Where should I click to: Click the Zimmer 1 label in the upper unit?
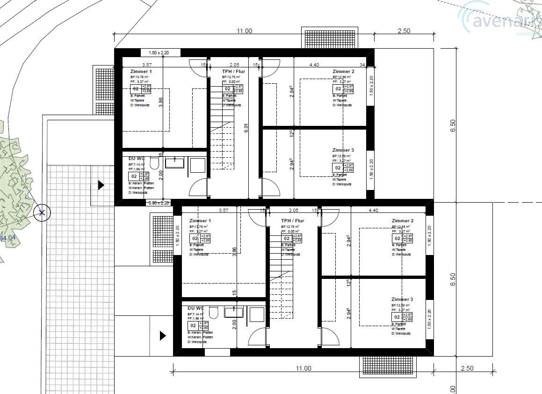141,72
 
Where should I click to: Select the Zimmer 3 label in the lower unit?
402,299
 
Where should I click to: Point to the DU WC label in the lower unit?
195,308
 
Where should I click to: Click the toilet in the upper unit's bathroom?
155,162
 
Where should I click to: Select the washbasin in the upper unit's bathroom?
174,162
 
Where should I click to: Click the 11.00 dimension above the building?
244,31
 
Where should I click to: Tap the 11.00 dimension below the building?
303,369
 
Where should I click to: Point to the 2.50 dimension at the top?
403,31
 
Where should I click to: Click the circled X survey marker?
42,213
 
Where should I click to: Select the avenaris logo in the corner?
500,21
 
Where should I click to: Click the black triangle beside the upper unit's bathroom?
101,185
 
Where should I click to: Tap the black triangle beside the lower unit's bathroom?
163,336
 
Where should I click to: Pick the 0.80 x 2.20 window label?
159,203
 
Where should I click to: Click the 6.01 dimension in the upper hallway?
246,128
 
